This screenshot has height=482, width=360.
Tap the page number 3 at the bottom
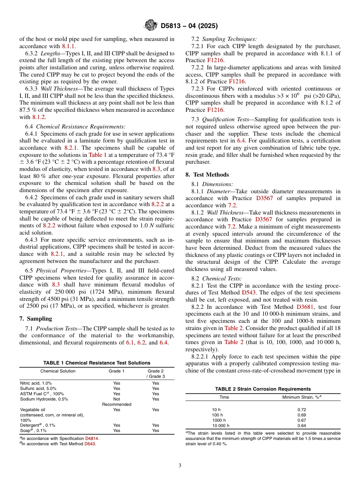180,465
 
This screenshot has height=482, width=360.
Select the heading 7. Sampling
36,318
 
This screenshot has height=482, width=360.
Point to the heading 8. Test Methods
207,175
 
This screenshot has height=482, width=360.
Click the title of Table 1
97,363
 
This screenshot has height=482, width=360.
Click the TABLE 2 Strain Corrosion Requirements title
263,389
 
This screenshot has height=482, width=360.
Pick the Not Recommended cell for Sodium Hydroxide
117,402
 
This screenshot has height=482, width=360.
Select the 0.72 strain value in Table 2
302,410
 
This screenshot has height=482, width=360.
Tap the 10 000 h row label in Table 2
221,426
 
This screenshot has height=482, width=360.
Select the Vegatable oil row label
33,410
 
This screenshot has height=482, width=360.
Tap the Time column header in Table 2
224,397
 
